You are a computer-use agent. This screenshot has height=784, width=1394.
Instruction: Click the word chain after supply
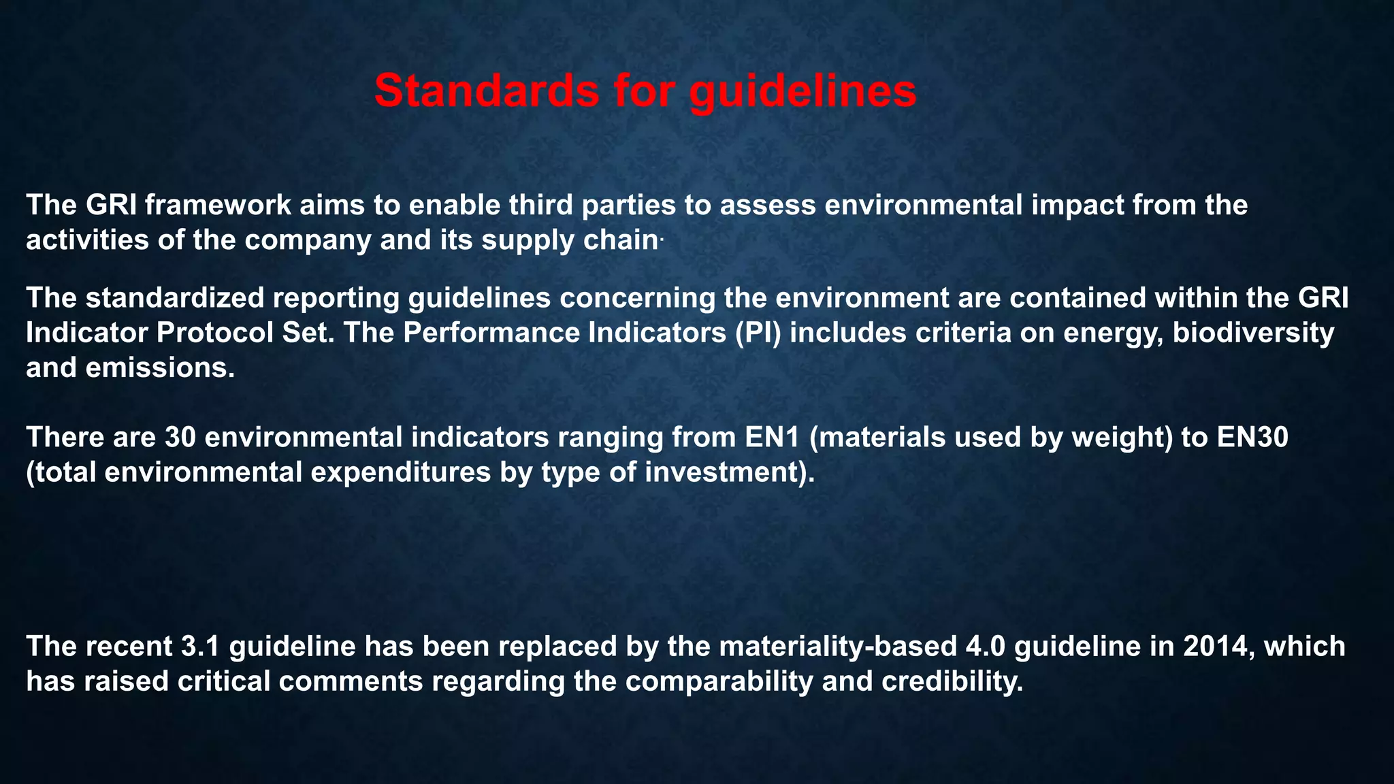coord(621,240)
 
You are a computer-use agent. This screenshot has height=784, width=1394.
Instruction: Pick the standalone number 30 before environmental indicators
coord(180,437)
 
